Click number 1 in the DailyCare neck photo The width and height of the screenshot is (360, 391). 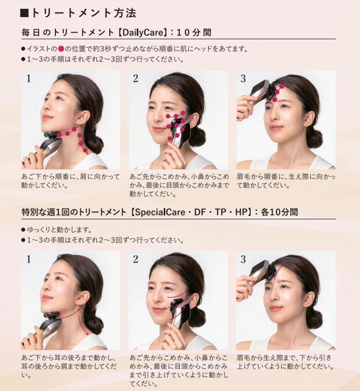(x=29, y=79)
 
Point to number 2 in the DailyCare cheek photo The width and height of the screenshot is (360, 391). (x=136, y=79)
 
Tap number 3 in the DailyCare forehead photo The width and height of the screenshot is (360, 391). (x=243, y=79)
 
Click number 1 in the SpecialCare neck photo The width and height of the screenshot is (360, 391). (x=29, y=259)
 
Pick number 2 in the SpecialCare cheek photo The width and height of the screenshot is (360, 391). (x=136, y=259)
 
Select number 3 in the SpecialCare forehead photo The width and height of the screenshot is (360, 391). (x=243, y=259)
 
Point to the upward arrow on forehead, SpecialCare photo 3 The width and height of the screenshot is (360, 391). (x=279, y=270)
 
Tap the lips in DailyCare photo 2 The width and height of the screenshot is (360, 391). (x=159, y=129)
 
